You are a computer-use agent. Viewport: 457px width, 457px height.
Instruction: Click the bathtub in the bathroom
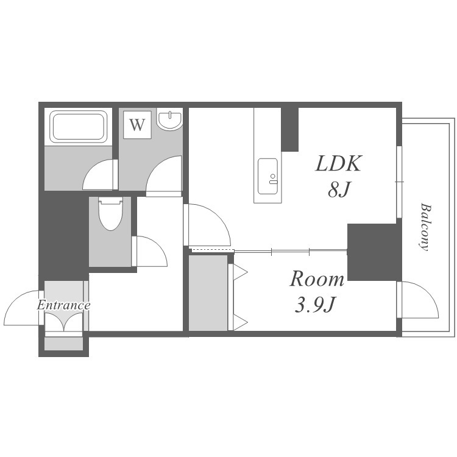tap(79, 127)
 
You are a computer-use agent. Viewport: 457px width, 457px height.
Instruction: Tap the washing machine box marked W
tap(137, 125)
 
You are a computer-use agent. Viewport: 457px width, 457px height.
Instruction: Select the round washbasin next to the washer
tap(169, 119)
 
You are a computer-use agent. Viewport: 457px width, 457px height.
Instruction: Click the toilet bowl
tap(110, 214)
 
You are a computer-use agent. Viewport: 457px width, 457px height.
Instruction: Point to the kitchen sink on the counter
tap(267, 176)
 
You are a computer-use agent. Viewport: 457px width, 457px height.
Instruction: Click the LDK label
tap(338, 163)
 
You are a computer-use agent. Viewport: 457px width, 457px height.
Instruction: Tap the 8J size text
tap(338, 189)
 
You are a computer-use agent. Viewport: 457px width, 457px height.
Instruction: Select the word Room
tap(317, 279)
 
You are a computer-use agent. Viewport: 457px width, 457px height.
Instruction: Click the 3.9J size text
tap(314, 305)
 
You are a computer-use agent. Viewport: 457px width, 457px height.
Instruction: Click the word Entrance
tap(63, 305)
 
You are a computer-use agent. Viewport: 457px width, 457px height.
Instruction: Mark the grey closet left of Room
tap(208, 292)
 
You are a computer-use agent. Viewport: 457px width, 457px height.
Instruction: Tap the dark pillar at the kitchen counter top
tap(289, 129)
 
